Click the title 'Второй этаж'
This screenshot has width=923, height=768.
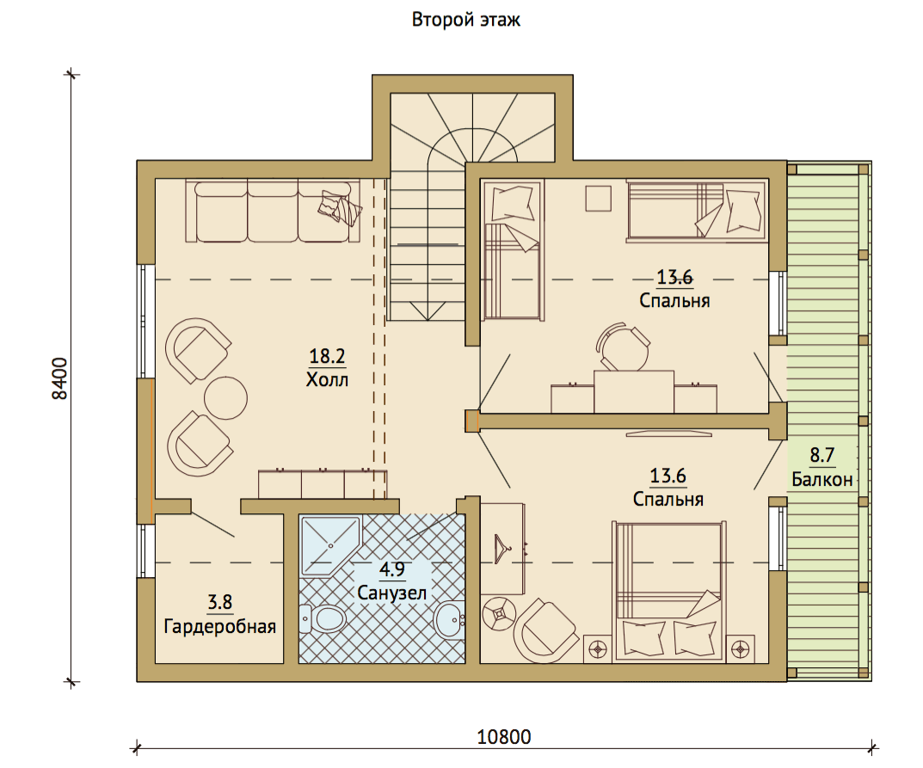click(x=465, y=20)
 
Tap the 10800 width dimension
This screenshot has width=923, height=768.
click(x=504, y=737)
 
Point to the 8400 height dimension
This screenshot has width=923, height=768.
click(x=60, y=378)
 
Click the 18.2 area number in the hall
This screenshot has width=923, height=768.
click(x=327, y=356)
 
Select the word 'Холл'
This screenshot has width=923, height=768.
click(x=327, y=379)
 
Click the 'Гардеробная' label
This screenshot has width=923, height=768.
click(x=219, y=626)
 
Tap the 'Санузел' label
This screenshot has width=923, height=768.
click(x=392, y=592)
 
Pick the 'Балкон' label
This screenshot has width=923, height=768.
click(x=822, y=480)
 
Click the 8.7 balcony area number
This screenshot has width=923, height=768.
click(x=822, y=455)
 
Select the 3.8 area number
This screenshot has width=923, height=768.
click(x=219, y=602)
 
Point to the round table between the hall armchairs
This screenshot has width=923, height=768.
click(x=225, y=398)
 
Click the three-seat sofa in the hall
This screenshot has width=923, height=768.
click(x=273, y=212)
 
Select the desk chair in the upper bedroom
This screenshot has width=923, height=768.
click(x=623, y=347)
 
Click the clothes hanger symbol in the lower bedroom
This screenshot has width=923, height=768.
click(x=502, y=549)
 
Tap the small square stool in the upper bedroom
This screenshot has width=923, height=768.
click(x=598, y=199)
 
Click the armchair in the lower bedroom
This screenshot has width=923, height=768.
click(x=545, y=631)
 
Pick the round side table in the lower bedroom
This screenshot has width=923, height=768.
click(x=499, y=614)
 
